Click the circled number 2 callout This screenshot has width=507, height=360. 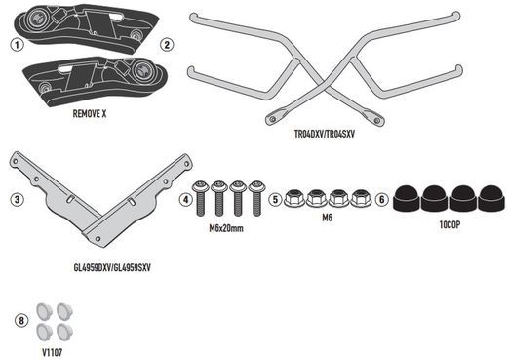coord(168,45)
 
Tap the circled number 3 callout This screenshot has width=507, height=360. coord(17,200)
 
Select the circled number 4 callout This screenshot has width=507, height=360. coord(186,199)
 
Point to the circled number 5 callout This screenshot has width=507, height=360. coord(276,199)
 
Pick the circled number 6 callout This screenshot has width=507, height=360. coord(381,199)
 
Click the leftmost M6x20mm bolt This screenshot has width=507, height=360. coord(202,199)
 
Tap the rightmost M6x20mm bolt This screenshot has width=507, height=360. coord(256,199)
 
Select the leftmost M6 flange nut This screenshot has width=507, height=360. coord(295,198)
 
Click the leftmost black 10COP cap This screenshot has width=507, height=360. coord(408,195)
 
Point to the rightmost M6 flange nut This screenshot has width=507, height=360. coord(361,198)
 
